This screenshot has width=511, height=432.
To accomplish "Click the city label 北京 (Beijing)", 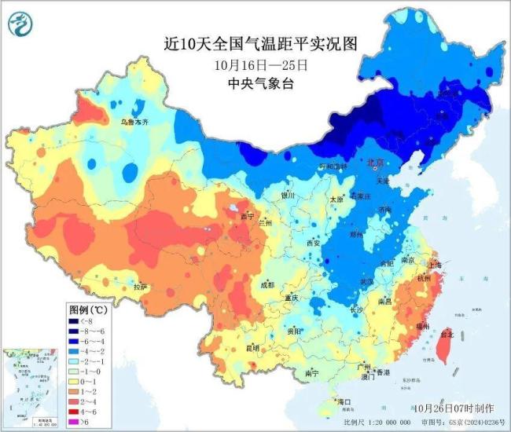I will [x=374, y=162].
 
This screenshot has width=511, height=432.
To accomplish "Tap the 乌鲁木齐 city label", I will [x=134, y=123].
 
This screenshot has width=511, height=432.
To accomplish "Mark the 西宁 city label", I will [x=248, y=216].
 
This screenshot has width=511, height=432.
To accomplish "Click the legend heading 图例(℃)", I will [x=87, y=309].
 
